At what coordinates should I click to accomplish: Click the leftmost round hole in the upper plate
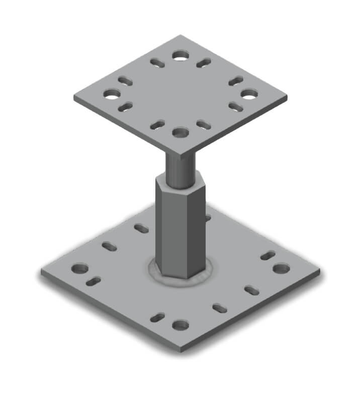point(112,93)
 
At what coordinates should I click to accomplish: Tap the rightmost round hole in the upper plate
point(248,93)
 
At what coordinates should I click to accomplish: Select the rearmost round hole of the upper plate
point(180,55)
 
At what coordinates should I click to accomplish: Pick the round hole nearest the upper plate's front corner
point(180,133)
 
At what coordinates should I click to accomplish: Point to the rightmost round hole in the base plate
point(281,268)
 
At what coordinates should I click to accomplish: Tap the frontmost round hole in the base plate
point(180,325)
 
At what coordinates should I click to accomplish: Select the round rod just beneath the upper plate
point(179,168)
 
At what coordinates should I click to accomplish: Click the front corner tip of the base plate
point(181,350)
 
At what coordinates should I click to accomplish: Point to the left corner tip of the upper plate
point(75,97)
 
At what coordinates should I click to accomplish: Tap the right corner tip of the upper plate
point(286,95)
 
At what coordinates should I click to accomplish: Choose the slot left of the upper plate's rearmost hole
point(157,63)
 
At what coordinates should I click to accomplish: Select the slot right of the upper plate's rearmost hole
point(203,63)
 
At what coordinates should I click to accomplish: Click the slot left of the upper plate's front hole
point(157,125)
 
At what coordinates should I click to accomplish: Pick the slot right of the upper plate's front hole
point(203,125)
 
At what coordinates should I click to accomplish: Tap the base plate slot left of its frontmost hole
point(157,317)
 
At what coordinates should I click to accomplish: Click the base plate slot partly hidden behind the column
point(207,218)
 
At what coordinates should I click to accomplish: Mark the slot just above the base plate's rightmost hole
point(268,255)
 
